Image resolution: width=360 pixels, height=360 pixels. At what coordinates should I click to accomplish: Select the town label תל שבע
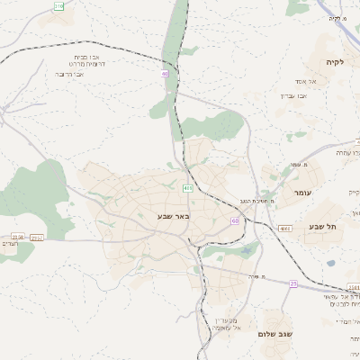pos(321,226)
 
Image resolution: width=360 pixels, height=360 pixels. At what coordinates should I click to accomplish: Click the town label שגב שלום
pos(275,334)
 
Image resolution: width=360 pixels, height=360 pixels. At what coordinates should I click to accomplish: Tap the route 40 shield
pos(165,73)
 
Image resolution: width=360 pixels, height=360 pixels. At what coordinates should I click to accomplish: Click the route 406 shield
pos(187,188)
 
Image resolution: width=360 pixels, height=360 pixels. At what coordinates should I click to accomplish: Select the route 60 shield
pos(234,220)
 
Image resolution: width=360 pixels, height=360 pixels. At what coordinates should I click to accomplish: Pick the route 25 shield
pos(292,283)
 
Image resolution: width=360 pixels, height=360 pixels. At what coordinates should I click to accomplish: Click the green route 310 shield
pos(59,6)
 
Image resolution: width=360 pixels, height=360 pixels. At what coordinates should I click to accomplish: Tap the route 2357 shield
pos(36,238)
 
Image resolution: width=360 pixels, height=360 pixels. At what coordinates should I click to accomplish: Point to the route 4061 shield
pos(285,228)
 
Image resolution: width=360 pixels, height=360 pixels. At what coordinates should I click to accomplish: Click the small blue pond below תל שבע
pos(330,263)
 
